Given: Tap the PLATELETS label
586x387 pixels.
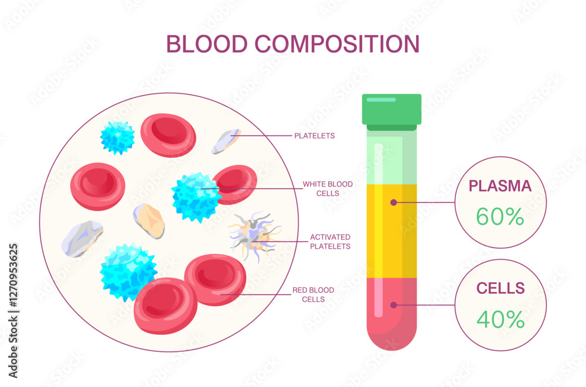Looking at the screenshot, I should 314,136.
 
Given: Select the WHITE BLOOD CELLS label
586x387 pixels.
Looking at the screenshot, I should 328,189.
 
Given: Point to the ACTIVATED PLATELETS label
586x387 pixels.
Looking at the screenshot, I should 331,242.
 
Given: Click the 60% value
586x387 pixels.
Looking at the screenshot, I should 499,217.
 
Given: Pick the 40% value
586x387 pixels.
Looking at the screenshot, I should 500,319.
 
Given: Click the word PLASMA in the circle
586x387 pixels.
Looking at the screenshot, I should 500,186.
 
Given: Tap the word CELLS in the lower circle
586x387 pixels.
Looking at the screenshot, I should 500,288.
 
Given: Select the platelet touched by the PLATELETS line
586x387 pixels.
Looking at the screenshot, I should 227,141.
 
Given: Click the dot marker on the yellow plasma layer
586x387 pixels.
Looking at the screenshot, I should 394,202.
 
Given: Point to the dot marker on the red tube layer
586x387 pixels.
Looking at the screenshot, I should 394,305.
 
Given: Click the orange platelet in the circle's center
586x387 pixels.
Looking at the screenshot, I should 149,220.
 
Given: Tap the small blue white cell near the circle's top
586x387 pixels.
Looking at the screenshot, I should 118,137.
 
